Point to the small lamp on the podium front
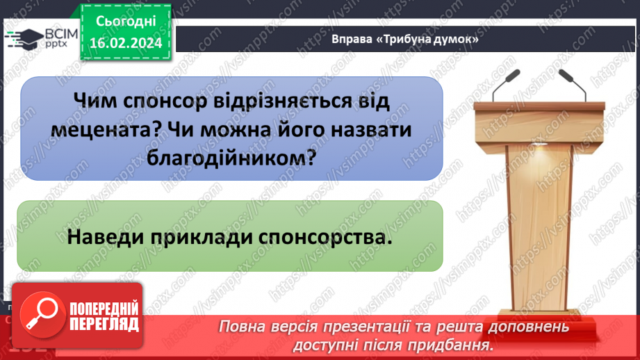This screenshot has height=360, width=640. (x=539, y=146)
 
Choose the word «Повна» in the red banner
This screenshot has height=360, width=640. (x=244, y=327)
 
